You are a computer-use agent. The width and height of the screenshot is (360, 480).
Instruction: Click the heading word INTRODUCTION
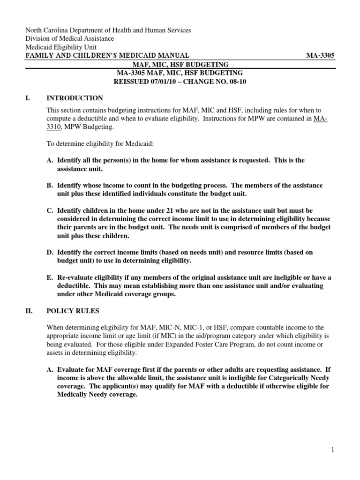click(x=75, y=98)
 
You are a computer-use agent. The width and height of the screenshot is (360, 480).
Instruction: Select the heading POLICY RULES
click(x=73, y=311)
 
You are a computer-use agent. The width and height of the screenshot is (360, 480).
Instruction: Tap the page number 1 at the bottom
click(x=332, y=450)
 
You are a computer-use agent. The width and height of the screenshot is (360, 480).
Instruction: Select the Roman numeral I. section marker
click(x=28, y=98)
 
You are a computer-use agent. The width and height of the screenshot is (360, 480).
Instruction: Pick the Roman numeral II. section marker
click(x=29, y=311)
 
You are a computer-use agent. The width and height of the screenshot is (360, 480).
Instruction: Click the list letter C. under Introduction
click(x=50, y=210)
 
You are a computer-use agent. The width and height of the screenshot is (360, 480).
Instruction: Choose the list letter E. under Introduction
click(x=50, y=277)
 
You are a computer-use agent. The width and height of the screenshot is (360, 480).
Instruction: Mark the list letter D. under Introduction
click(x=50, y=252)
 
